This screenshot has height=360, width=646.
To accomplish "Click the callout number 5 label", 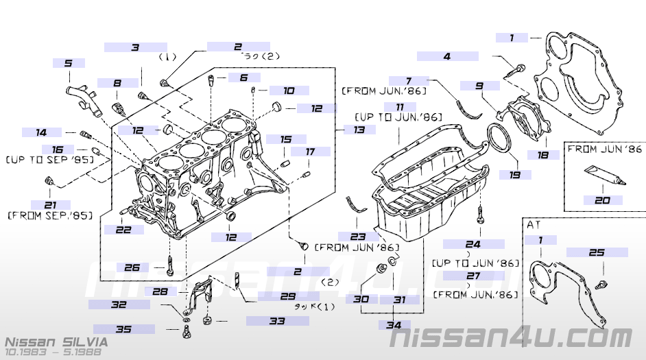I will coord(68,63).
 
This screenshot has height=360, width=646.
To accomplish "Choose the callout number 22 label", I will coord(123,230).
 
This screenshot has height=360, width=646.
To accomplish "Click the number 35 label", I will coord(123,329).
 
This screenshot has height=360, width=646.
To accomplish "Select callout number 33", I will coord(277,320).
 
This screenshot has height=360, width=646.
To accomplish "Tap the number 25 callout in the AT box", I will coord(597,252).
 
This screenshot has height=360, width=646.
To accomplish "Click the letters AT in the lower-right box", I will coord(535,224).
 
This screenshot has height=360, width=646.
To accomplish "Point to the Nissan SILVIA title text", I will coord(56,341).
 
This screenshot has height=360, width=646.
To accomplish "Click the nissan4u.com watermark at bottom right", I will coord(511,337).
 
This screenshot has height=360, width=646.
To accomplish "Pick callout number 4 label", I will coord(446,56).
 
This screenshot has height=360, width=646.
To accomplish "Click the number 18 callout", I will coord(542,155).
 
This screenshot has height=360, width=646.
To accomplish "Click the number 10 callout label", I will coord(288,90).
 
